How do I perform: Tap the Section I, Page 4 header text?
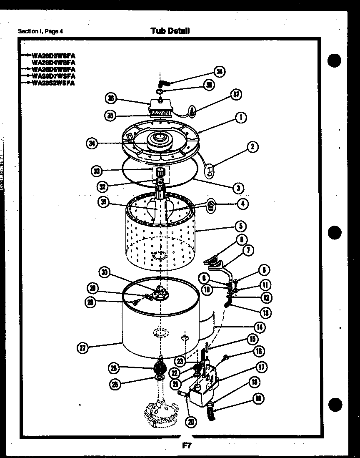[41, 31]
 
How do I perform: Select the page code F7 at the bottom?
[186, 445]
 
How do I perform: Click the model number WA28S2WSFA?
[53, 83]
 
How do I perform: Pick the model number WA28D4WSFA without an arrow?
[53, 62]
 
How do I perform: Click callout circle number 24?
[219, 72]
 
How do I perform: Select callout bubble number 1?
[240, 118]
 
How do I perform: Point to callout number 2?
[252, 146]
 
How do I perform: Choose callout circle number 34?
[92, 143]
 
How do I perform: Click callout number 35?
[110, 116]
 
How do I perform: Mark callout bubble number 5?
[240, 226]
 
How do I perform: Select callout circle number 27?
[84, 347]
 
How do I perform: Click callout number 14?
[259, 327]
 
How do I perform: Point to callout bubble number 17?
[261, 367]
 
